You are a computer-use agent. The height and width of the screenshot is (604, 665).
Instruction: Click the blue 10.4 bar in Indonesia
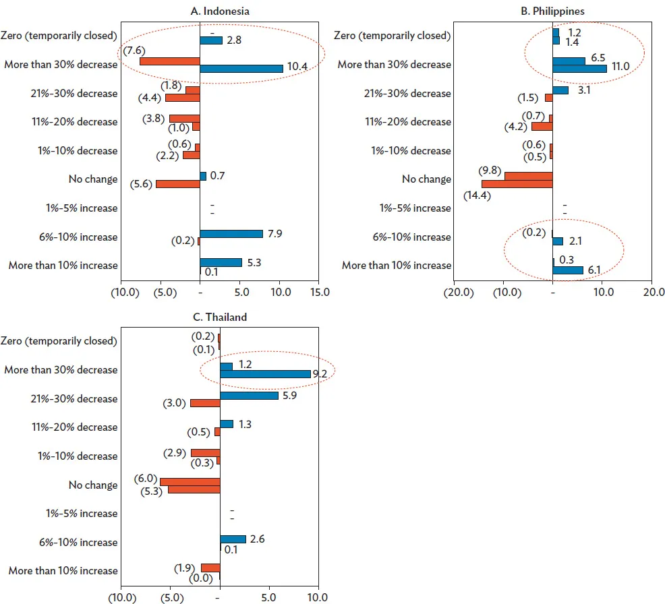(241, 69)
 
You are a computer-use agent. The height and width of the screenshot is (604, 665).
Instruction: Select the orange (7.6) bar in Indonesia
(170, 61)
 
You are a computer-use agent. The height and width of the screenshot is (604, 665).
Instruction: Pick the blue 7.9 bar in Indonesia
(231, 234)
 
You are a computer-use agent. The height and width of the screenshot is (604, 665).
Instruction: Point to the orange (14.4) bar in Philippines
(517, 183)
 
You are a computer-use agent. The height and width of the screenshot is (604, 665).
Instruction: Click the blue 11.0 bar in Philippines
(579, 69)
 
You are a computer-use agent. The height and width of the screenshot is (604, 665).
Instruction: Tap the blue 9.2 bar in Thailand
(265, 373)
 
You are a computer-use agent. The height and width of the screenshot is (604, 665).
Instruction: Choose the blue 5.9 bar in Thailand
(249, 395)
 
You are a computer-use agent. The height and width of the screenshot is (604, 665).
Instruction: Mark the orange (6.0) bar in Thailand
(190, 481)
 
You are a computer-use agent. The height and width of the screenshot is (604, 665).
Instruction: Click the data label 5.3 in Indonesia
(255, 262)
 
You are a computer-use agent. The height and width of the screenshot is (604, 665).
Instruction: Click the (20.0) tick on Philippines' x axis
(456, 293)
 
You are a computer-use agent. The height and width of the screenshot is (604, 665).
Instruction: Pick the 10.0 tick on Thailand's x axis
(317, 597)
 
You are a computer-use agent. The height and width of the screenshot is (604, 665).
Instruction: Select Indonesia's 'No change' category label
(92, 179)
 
